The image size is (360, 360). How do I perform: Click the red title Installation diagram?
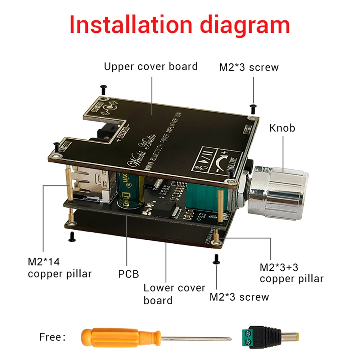point(180,24)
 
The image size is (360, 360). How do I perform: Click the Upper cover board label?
point(150,67)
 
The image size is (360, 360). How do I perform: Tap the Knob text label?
point(282,128)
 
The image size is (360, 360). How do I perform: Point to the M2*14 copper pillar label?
point(59,267)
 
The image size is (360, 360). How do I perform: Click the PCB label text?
point(129,274)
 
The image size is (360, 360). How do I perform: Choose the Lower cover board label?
point(174,294)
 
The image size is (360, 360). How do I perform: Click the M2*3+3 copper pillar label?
point(291,273)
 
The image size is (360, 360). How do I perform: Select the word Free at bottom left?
point(53,337)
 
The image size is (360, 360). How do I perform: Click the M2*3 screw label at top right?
point(249,67)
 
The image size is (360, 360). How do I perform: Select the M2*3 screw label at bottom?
point(239,297)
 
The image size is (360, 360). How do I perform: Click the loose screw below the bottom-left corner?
point(71,236)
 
